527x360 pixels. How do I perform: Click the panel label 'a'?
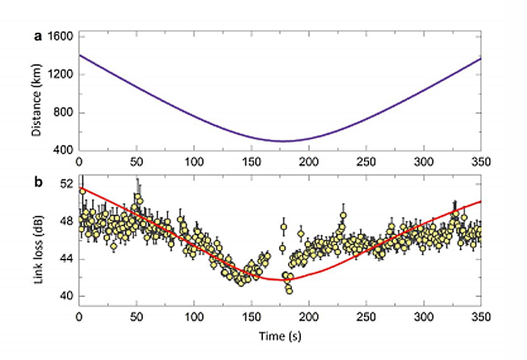pyautogui.click(x=38, y=37)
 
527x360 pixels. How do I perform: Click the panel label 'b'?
pyautogui.click(x=38, y=183)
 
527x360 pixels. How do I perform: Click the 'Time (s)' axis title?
pyautogui.click(x=280, y=336)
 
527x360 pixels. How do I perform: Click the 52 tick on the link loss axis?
pyautogui.click(x=66, y=184)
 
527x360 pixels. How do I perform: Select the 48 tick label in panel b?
pyautogui.click(x=66, y=221)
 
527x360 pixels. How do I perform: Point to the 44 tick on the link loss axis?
pyautogui.click(x=66, y=259)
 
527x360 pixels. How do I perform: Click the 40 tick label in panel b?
pyautogui.click(x=66, y=296)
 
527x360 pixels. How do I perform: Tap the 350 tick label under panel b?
pyautogui.click(x=481, y=317)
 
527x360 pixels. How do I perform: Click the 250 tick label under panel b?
pyautogui.click(x=366, y=317)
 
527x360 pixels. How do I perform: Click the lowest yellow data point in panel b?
pyautogui.click(x=289, y=291)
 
